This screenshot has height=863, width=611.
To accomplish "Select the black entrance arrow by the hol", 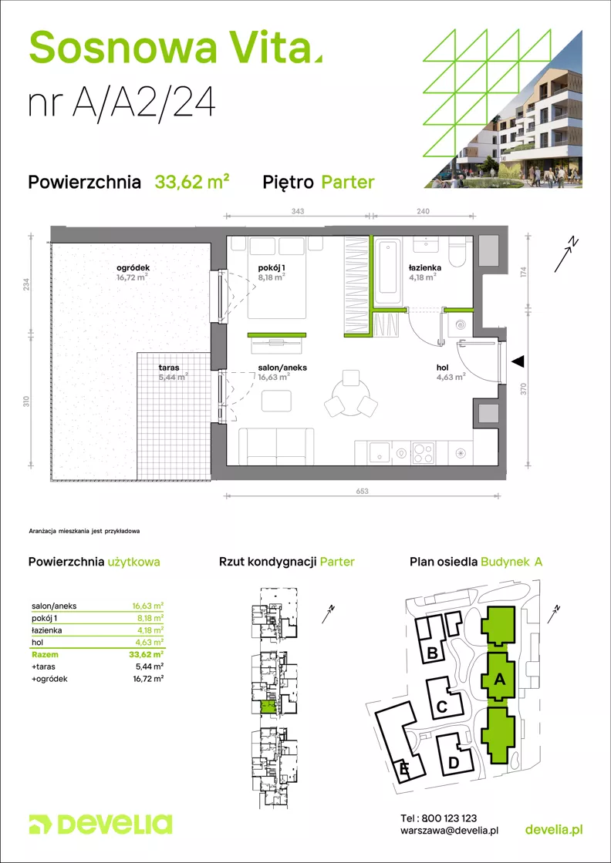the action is point(518,361).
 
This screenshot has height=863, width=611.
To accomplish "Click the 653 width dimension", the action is point(361,491).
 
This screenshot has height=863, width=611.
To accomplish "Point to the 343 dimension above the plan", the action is point(298,211).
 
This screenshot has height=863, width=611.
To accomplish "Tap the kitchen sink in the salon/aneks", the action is point(377,452).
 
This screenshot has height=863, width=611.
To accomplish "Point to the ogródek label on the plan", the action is point(133,268).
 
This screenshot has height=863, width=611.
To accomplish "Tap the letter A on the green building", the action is point(499,680).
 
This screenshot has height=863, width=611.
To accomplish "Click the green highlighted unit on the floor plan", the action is point(267,707).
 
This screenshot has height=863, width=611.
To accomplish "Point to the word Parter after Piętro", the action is point(348,182).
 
